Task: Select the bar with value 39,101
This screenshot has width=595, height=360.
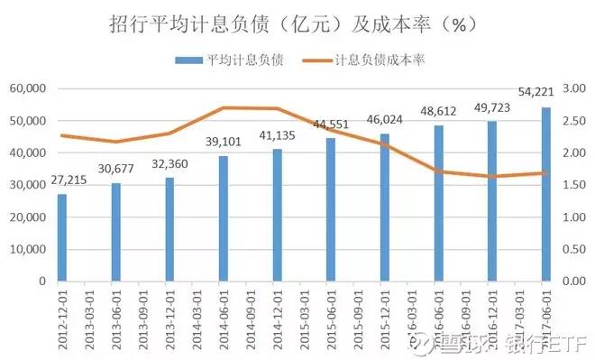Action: [223, 218]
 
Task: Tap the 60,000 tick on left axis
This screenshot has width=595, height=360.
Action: [28, 89]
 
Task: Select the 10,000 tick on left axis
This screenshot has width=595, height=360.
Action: [28, 249]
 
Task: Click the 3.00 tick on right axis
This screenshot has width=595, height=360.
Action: [575, 89]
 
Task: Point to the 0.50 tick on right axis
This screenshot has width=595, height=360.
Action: [575, 249]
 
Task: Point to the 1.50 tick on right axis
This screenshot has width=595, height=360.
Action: [575, 185]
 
